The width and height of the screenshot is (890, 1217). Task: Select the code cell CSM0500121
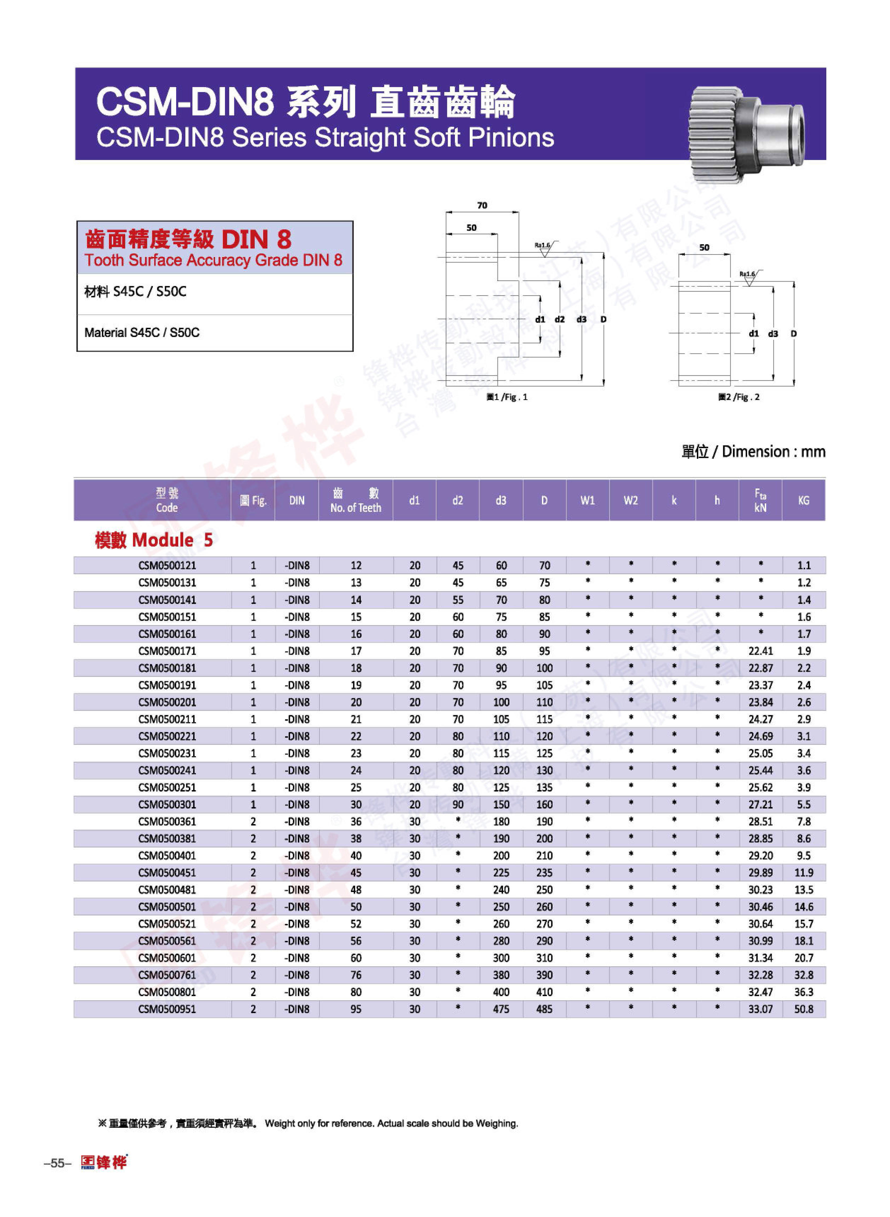[167, 565]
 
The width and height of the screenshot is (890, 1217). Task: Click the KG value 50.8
[803, 1009]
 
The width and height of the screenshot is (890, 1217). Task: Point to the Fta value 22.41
[760, 651]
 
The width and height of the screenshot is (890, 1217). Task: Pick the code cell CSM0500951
[167, 1009]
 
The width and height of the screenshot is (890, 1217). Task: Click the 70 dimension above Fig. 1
[482, 205]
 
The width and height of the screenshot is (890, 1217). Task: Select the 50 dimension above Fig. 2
[704, 247]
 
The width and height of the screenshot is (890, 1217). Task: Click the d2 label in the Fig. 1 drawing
[560, 319]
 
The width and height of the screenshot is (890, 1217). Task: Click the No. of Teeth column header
[355, 500]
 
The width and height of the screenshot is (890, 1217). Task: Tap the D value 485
[544, 1009]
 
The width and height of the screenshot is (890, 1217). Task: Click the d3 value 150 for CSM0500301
[501, 804]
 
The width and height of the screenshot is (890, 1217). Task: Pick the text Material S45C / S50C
[142, 333]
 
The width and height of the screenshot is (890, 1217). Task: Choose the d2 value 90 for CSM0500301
[458, 804]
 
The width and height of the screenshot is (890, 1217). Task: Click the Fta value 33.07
[760, 1009]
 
